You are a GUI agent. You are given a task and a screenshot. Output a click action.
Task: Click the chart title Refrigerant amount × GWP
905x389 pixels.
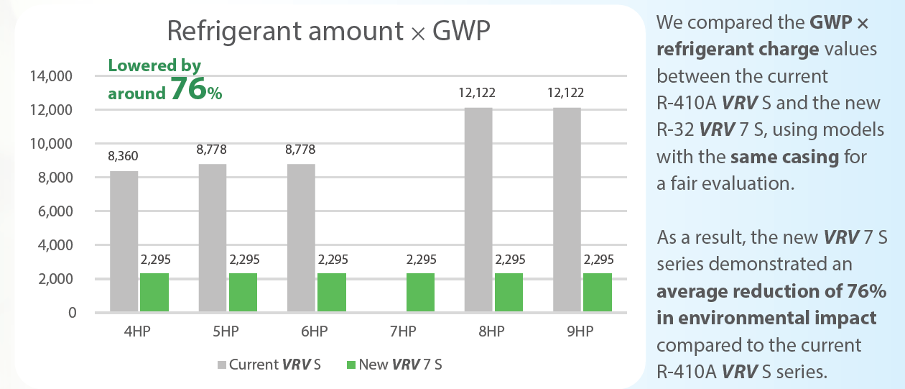pyautogui.click(x=329, y=31)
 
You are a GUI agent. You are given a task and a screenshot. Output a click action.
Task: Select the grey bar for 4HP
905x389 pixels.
pyautogui.click(x=124, y=241)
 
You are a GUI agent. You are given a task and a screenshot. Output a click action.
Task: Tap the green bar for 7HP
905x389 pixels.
pyautogui.click(x=420, y=292)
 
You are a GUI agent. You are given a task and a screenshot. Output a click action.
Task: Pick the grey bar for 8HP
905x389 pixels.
pyautogui.click(x=479, y=209)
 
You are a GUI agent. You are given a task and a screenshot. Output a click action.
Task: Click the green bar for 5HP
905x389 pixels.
pyautogui.click(x=243, y=292)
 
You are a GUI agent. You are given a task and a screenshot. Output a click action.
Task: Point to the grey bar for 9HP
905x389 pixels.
pyautogui.click(x=567, y=209)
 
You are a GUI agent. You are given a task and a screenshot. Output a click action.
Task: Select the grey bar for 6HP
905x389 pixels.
pyautogui.click(x=301, y=237)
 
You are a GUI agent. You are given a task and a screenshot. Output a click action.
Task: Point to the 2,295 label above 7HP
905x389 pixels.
pyautogui.click(x=420, y=260)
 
